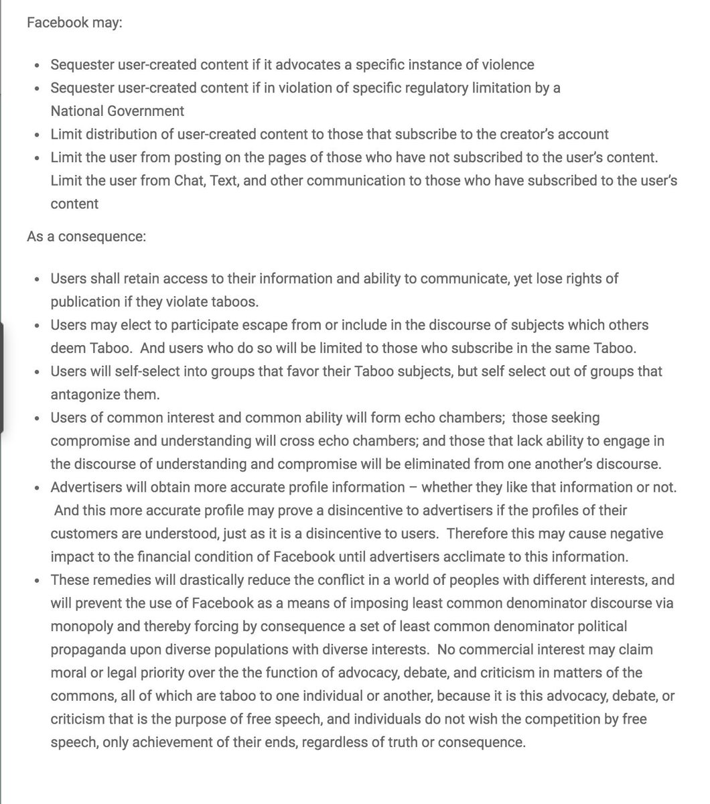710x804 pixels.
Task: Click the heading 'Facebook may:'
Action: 74,22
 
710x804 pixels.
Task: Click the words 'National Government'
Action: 117,111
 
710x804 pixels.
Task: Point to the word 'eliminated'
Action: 397,464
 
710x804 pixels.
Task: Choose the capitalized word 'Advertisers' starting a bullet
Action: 84,488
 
